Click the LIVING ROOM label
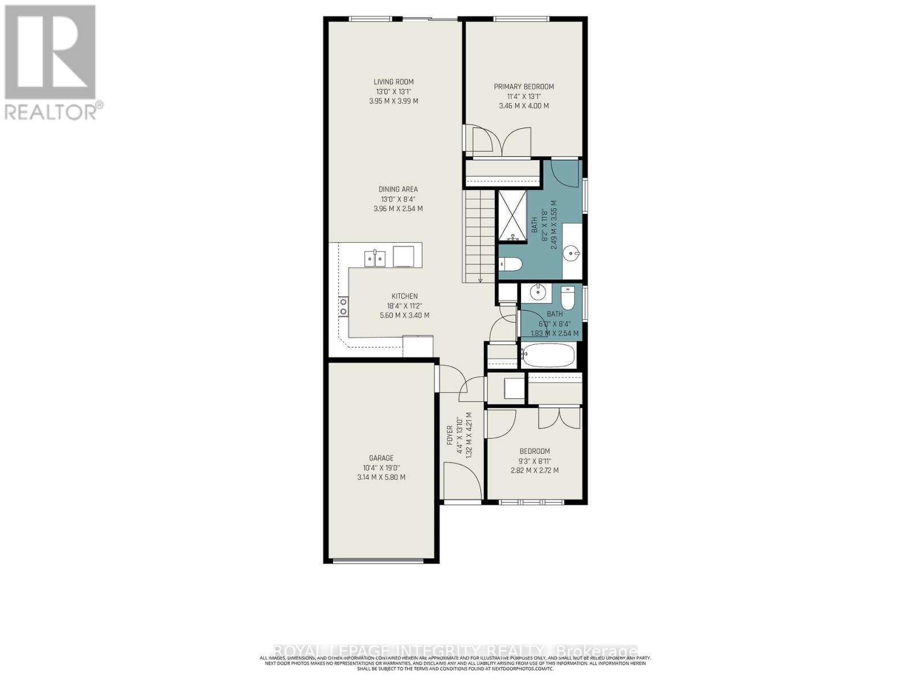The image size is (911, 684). [x=393, y=82]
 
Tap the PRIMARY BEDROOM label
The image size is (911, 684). [x=523, y=87]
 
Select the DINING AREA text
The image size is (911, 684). [x=398, y=189]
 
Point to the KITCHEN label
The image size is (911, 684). [x=404, y=296]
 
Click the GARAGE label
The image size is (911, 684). [x=381, y=458]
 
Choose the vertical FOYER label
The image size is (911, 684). [x=450, y=439]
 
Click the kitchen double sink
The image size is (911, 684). [x=375, y=258]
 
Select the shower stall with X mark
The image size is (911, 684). [x=512, y=216]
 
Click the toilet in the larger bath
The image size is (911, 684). [x=510, y=264]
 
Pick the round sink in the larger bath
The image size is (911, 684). [x=572, y=252]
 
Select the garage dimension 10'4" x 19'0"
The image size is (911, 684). [x=381, y=467]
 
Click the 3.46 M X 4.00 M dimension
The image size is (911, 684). [x=523, y=106]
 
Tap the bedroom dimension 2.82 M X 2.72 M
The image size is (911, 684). [x=534, y=470]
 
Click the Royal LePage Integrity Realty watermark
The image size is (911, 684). [x=455, y=651]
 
